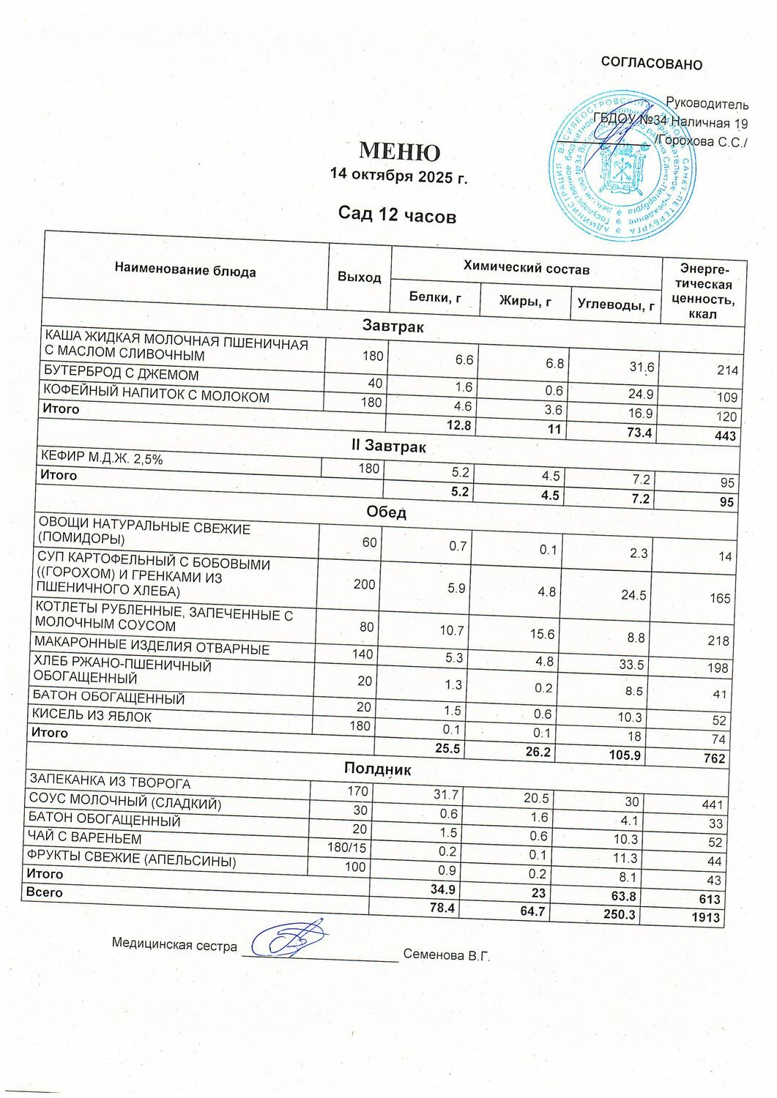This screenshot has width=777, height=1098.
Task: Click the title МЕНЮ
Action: point(399,151)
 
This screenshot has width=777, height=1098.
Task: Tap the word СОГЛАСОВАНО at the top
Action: point(651,64)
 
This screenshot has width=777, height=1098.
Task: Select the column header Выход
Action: point(359,277)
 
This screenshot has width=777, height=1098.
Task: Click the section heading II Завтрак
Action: point(390,445)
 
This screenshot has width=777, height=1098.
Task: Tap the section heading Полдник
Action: point(377,769)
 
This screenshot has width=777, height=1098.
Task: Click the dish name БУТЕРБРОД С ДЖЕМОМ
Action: point(122,375)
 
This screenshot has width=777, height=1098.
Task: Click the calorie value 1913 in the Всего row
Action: point(706,917)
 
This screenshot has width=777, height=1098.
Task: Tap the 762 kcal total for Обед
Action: point(713,758)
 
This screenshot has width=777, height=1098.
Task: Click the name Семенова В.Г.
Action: point(446,955)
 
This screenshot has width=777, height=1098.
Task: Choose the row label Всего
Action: point(45,892)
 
